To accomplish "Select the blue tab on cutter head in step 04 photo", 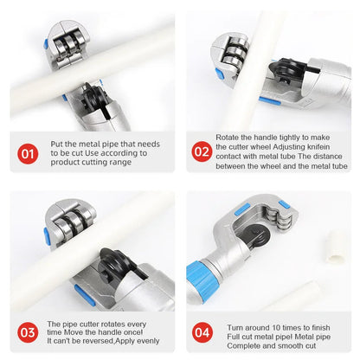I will click(243, 209).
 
